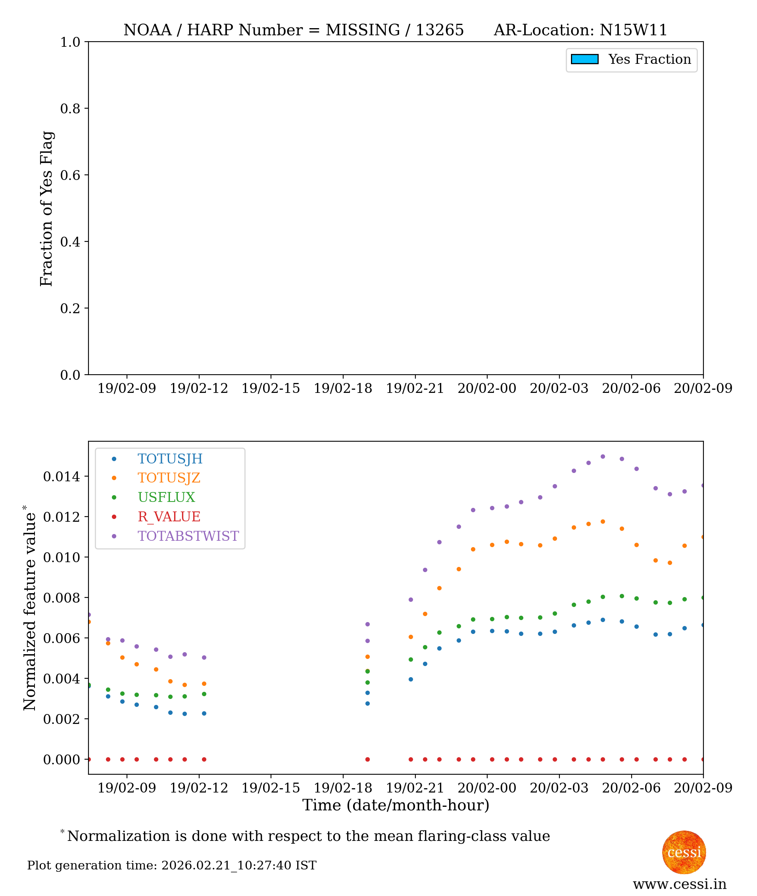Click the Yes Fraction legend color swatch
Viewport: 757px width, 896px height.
point(584,59)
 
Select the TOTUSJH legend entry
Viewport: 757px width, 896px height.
point(169,459)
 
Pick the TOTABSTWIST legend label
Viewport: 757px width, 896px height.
point(188,536)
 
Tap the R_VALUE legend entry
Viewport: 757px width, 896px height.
point(169,517)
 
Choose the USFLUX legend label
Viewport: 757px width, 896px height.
point(166,497)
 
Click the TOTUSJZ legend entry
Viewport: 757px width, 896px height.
point(169,478)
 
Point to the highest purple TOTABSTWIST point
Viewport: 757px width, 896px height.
point(603,457)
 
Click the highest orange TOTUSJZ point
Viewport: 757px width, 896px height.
point(603,522)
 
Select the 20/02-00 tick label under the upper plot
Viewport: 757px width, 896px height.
point(487,389)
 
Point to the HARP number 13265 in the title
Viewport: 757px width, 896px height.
point(440,30)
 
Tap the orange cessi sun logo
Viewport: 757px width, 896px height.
point(684,853)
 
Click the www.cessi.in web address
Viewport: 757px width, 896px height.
point(679,884)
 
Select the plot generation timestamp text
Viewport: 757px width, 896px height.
point(172,865)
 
